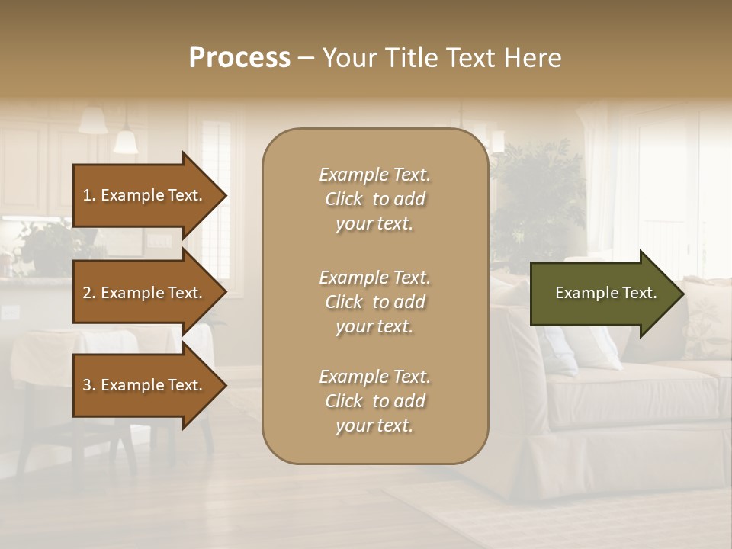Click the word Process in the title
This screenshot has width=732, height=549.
[x=239, y=58]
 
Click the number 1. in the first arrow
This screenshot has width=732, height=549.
[x=89, y=195]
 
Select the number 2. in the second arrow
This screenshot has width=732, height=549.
[x=89, y=293]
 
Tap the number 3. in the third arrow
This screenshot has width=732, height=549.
[x=89, y=385]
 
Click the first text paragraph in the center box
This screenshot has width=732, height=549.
[x=374, y=199]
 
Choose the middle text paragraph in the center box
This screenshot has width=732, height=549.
[x=374, y=302]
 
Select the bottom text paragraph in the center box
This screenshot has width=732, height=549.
[x=374, y=401]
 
